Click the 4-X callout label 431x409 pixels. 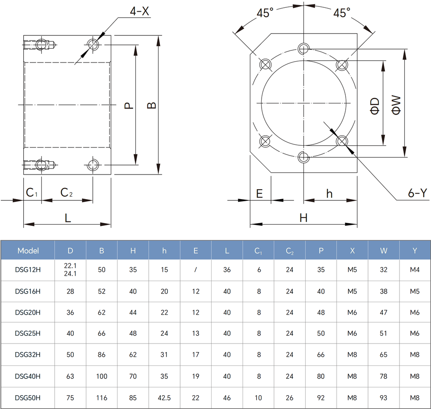[139, 11]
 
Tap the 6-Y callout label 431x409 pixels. [418, 193]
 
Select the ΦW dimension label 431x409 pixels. [396, 105]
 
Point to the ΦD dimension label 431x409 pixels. [375, 106]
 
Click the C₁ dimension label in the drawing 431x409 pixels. [31, 193]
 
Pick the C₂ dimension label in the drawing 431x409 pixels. [66, 193]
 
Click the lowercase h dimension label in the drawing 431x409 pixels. [329, 194]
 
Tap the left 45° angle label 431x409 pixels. [265, 13]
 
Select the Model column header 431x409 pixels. [28, 251]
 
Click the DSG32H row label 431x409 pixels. [28, 355]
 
